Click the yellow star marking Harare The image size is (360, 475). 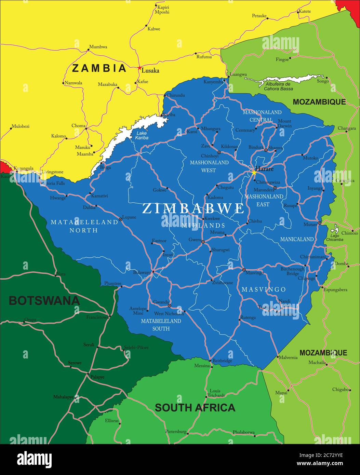(x=254, y=173)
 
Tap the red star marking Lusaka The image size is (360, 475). (x=139, y=68)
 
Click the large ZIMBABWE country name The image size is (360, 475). (x=193, y=208)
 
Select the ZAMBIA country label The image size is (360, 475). (x=99, y=68)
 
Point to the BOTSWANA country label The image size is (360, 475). (x=44, y=301)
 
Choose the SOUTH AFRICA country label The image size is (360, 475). (x=195, y=407)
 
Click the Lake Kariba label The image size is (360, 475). (x=142, y=135)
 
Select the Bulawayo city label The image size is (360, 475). (x=142, y=272)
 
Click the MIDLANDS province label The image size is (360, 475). (x=203, y=226)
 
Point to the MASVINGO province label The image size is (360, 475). (x=264, y=289)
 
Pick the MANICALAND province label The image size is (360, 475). (x=297, y=239)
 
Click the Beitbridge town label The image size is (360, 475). (x=222, y=361)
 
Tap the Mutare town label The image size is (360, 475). (x=310, y=225)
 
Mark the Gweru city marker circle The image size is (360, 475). (x=203, y=242)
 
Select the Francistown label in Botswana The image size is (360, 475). (x=97, y=317)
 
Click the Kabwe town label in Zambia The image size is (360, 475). (x=154, y=29)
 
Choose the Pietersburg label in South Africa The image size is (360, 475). (x=176, y=432)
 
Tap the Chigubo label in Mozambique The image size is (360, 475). (x=341, y=390)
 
